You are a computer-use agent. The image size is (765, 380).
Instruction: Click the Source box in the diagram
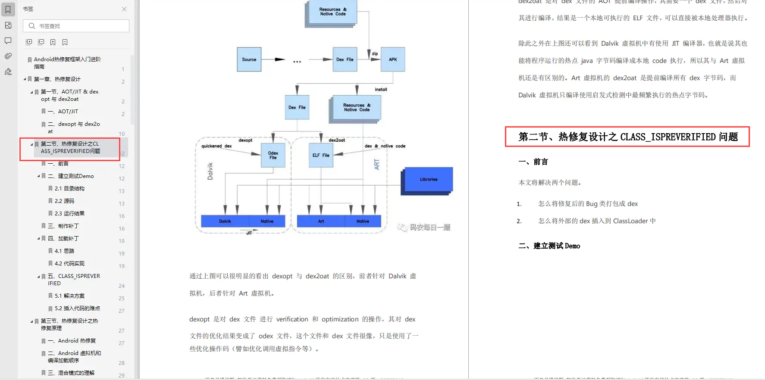pos(249,59)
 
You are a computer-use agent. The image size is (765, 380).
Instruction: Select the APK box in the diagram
pos(393,59)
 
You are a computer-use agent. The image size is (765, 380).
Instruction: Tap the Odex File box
pos(273,155)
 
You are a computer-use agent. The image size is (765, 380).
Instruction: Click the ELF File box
pos(321,155)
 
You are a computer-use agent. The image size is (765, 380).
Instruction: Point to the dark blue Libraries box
pos(428,179)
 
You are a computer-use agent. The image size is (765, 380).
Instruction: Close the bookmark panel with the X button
pos(124,9)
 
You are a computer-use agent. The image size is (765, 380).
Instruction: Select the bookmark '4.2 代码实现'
pos(69,264)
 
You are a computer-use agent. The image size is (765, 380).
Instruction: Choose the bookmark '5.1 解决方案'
pos(69,296)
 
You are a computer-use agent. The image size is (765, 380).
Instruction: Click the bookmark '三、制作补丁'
pos(63,226)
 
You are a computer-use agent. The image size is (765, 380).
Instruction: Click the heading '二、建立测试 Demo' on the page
pos(549,246)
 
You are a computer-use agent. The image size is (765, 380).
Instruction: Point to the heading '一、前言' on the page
pos(533,162)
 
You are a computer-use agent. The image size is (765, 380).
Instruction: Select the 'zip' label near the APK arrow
pos(375,54)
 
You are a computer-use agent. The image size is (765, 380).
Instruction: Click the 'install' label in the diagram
pos(381,90)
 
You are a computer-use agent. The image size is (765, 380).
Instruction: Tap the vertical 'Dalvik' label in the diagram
pos(210,171)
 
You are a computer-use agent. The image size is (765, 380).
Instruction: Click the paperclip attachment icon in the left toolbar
pos(8,56)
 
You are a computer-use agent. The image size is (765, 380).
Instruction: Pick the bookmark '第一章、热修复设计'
pos(57,79)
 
